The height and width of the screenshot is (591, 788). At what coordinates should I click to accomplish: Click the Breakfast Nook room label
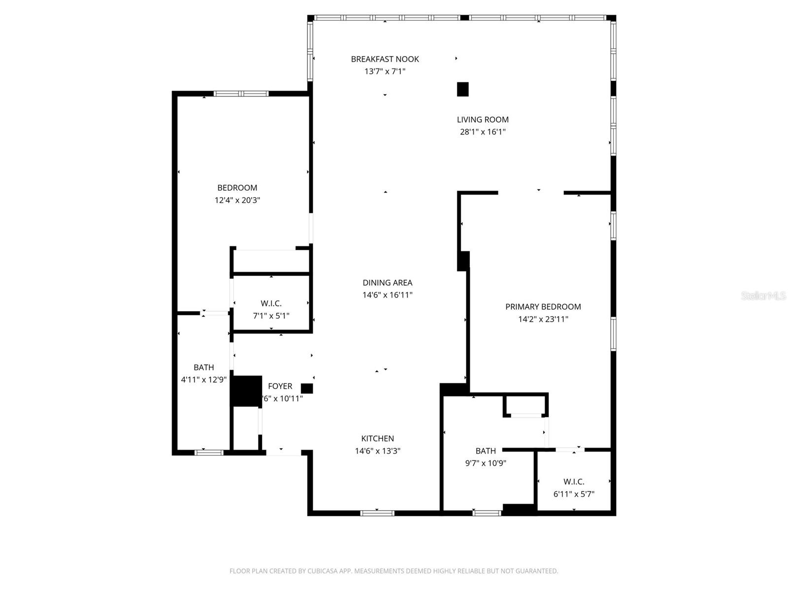point(385,59)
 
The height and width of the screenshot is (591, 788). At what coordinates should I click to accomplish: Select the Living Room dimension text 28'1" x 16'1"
point(483,132)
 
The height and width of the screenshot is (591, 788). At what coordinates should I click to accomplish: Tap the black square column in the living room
point(462,89)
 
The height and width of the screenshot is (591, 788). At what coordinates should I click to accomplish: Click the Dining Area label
point(387,283)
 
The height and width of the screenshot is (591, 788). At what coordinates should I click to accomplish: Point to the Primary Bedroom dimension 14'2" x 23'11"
point(543,319)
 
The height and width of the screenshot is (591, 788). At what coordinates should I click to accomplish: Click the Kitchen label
point(377,438)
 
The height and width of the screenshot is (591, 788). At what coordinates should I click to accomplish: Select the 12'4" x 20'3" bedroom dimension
point(237,200)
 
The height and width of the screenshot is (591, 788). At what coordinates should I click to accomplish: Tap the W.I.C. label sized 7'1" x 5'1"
point(271,303)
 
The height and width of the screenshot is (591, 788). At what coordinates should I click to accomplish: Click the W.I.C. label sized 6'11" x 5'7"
point(574,482)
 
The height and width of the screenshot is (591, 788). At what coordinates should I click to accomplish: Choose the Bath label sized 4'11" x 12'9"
point(203,367)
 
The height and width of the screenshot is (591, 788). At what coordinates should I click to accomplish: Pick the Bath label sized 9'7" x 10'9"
point(486,451)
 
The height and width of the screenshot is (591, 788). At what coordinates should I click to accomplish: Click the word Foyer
point(280,386)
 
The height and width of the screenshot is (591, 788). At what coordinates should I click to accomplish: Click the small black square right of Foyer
point(307,389)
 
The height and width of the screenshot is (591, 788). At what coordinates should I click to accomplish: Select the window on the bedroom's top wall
point(241,94)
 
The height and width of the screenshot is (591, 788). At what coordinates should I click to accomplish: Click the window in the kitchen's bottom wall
point(377,513)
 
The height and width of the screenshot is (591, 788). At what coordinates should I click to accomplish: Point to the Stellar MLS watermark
point(763,295)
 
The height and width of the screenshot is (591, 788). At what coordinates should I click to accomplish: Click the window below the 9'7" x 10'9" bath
point(487,513)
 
